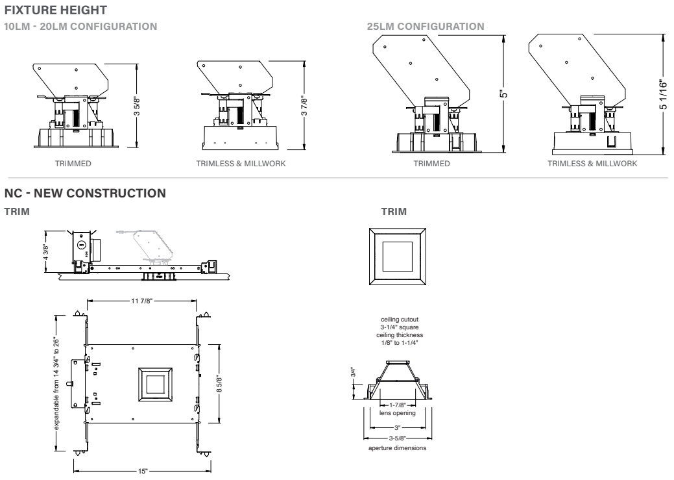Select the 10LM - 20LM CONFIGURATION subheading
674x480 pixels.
(80, 27)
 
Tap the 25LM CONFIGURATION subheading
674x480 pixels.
(425, 27)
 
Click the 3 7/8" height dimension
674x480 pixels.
(304, 107)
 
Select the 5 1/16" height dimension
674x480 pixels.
(663, 94)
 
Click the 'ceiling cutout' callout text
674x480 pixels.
(398, 319)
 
